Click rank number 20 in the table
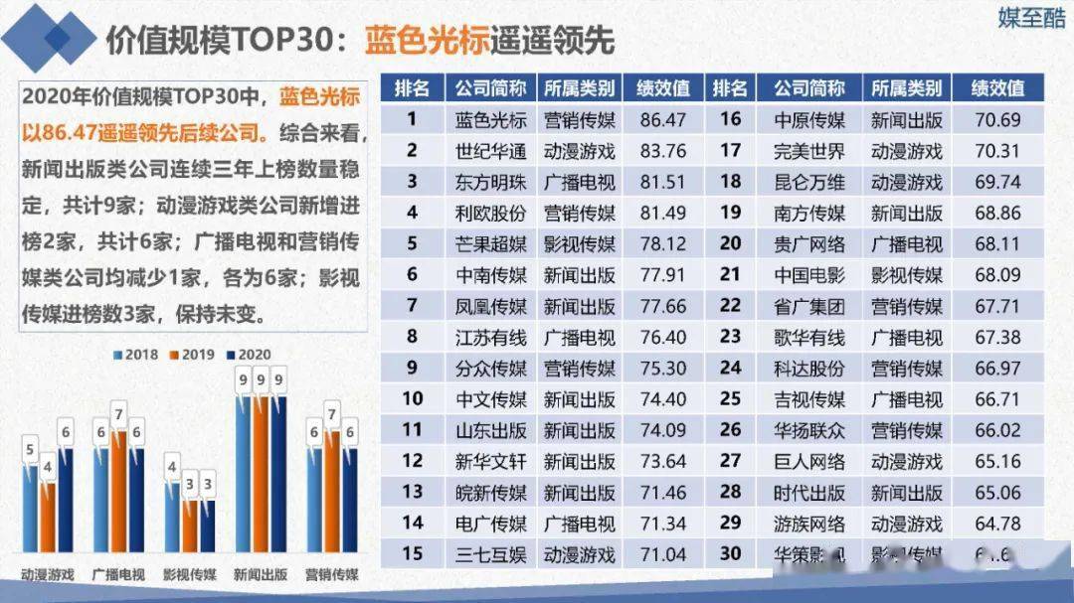(730, 244)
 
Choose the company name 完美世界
(809, 151)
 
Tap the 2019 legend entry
(197, 354)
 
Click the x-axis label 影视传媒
(191, 573)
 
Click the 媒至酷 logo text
(1031, 19)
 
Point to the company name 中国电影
(809, 275)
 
